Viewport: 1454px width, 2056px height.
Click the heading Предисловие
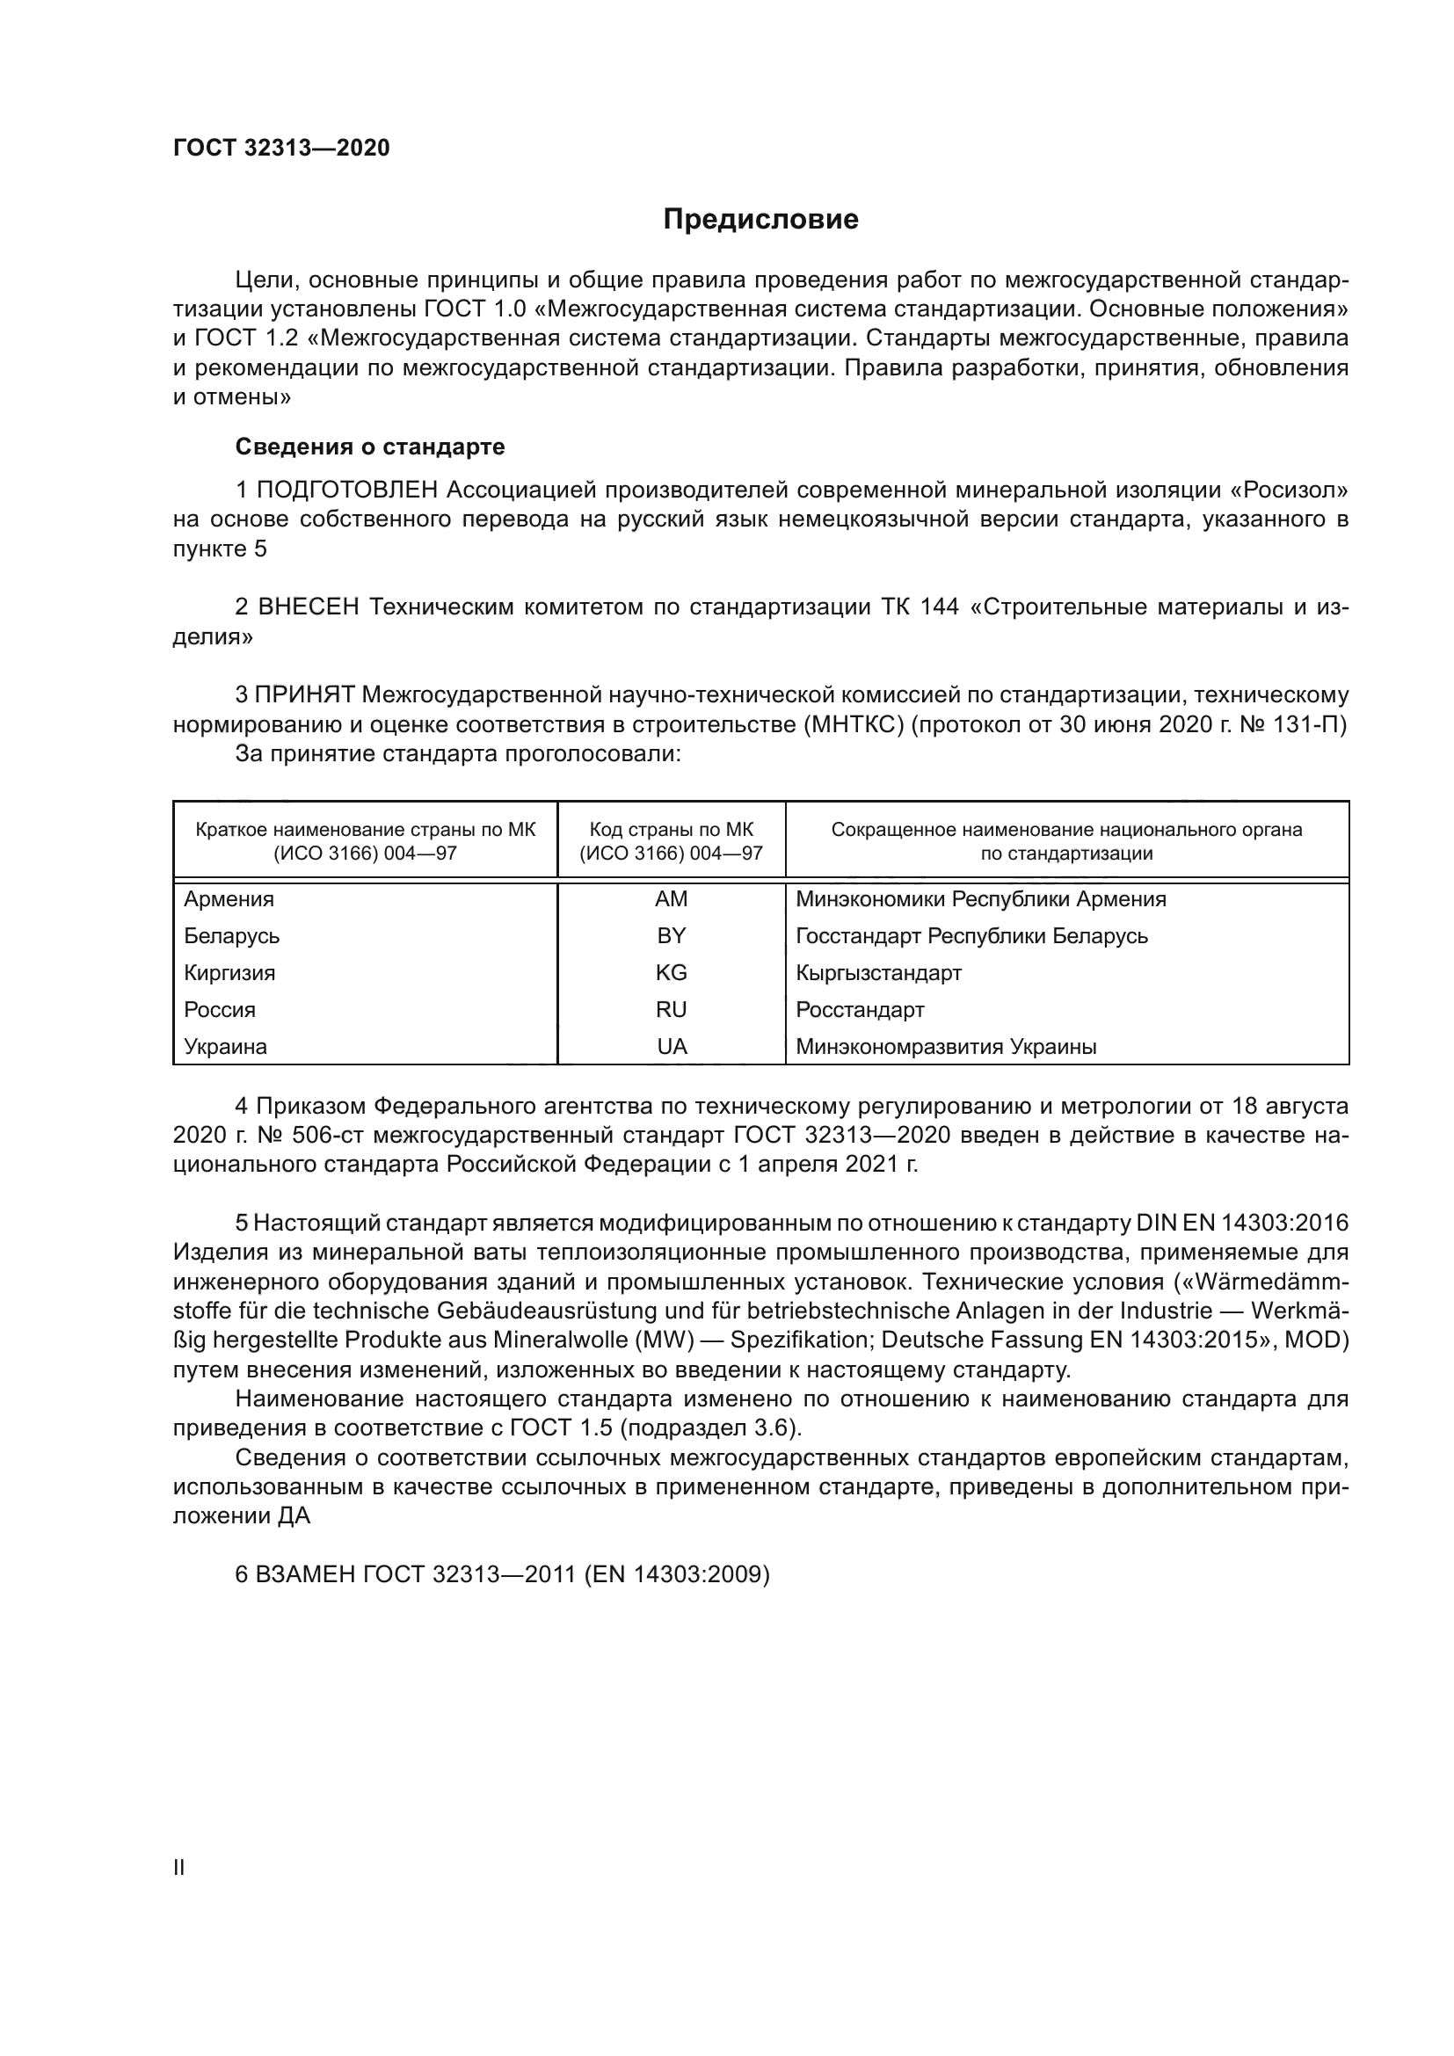tap(760, 220)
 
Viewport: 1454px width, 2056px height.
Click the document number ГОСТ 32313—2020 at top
tap(281, 149)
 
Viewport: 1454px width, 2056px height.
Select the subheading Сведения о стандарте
tap(370, 446)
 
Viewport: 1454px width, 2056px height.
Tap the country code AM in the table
tap(671, 899)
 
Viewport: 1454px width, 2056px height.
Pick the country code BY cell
tap(671, 936)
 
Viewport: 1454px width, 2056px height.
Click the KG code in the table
tap(671, 972)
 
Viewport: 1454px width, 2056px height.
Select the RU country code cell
tap(671, 1010)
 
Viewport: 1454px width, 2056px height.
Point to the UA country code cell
tap(671, 1047)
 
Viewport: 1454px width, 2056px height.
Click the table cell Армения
tap(229, 899)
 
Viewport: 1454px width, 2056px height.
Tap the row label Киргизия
tap(229, 972)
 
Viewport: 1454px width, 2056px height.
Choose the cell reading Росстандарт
tap(860, 1010)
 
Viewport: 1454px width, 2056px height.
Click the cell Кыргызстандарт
tap(878, 972)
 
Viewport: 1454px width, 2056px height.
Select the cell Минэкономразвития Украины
tap(946, 1047)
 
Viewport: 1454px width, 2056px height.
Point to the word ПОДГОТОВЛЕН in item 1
tap(347, 490)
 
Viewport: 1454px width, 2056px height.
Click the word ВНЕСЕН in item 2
tap(308, 607)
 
